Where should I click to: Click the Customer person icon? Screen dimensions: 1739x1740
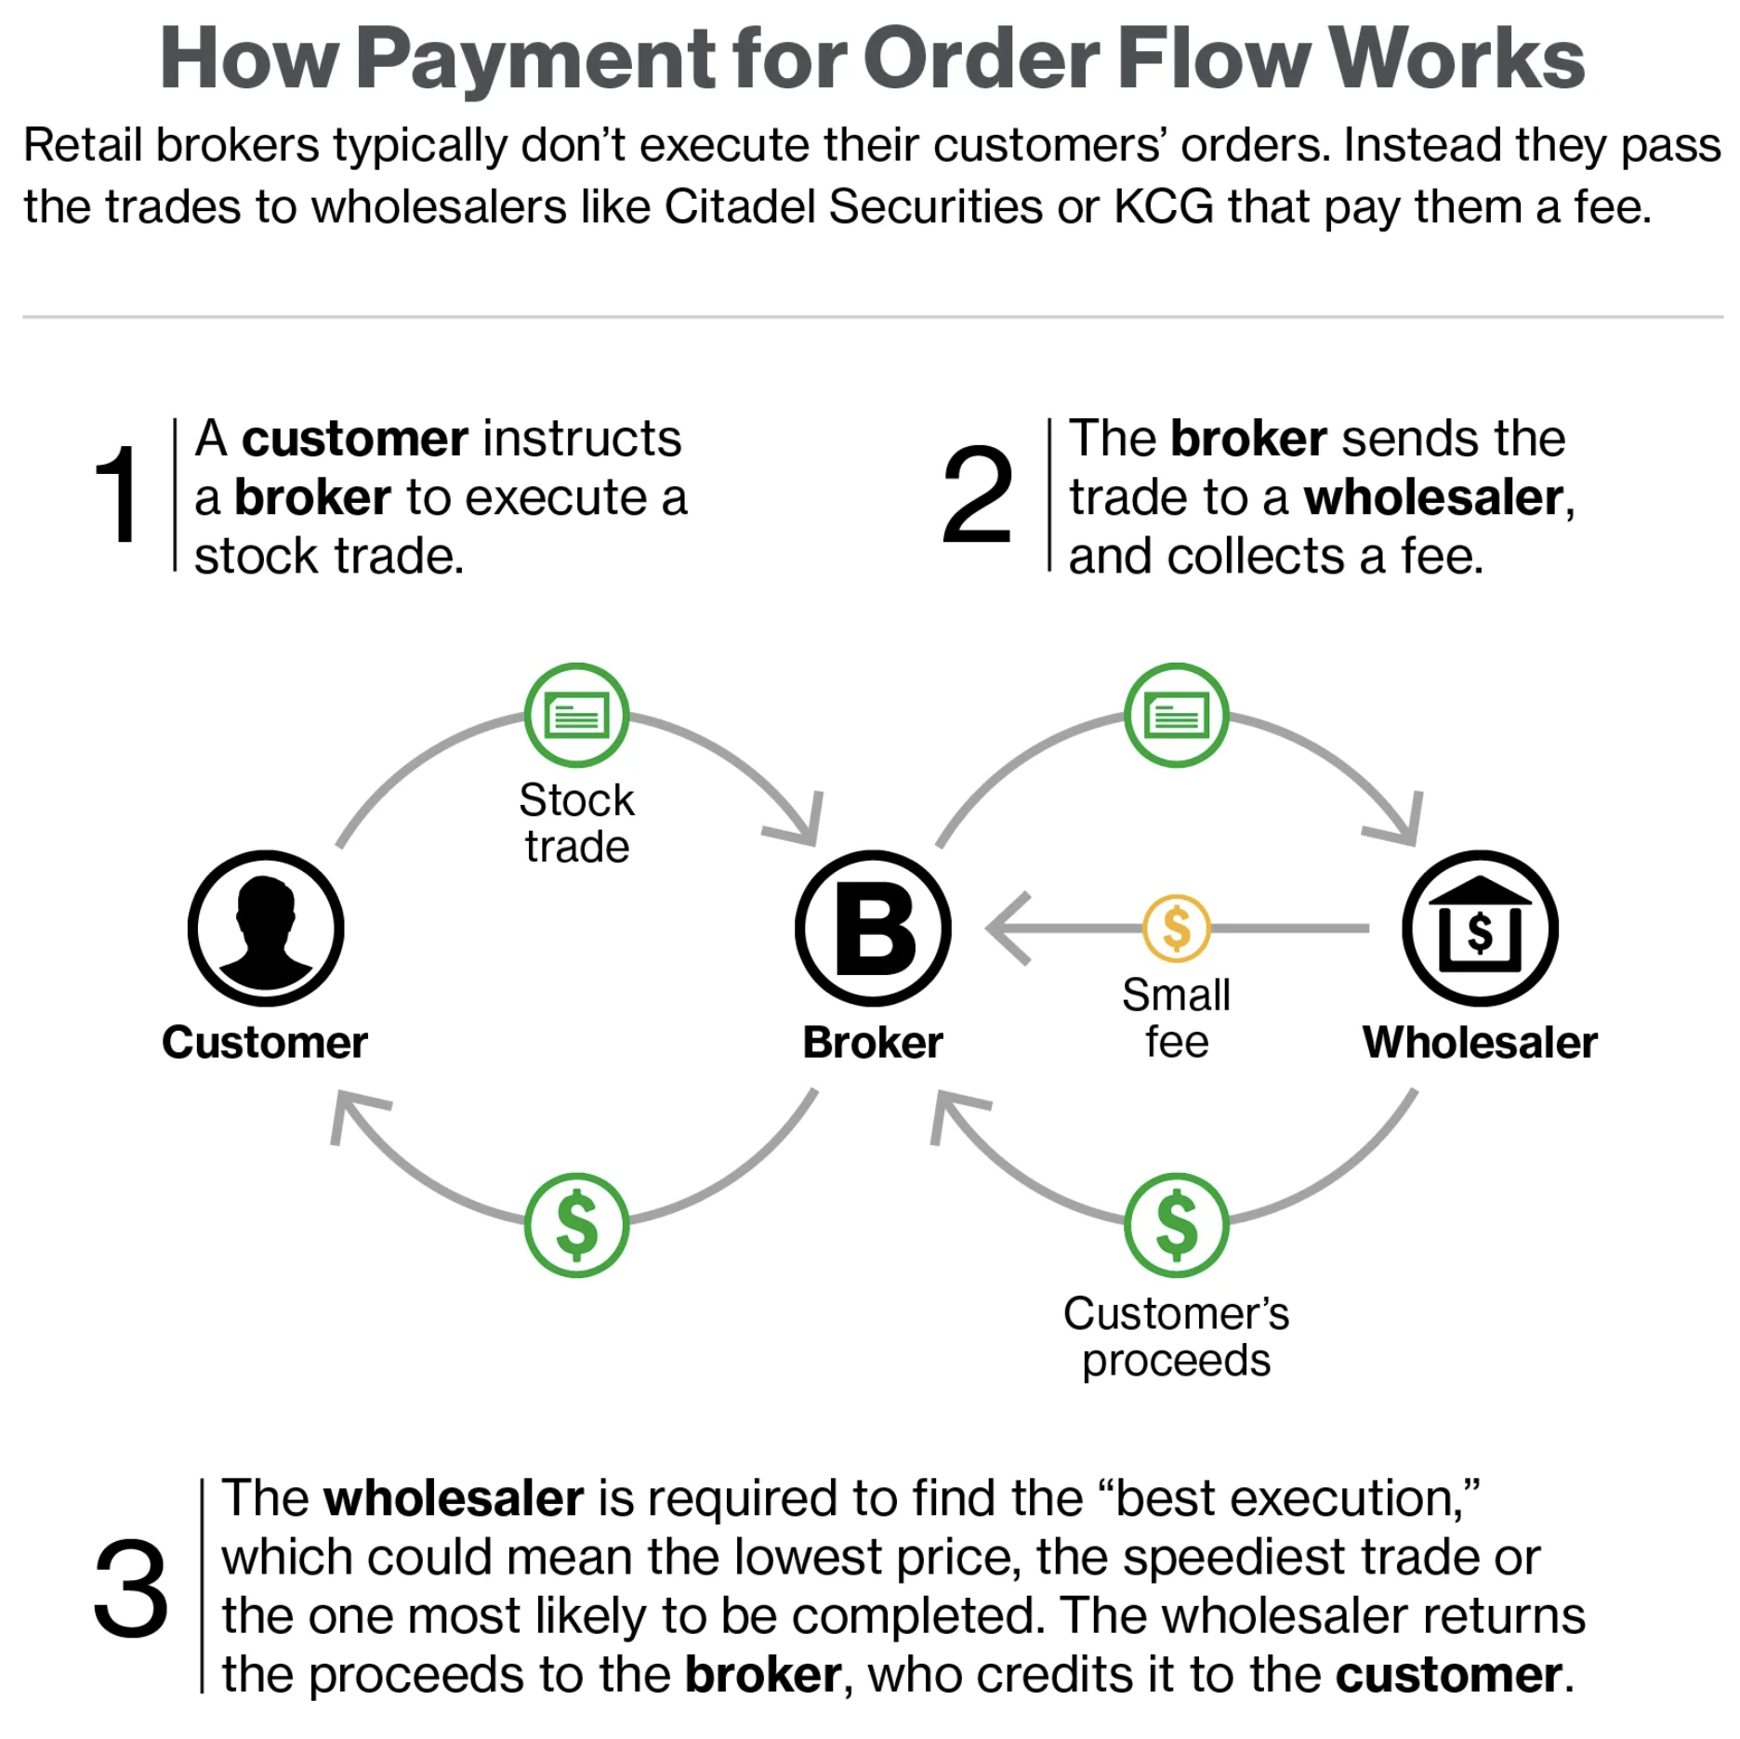coord(266,929)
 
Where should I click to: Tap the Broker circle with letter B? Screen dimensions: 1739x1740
coord(873,929)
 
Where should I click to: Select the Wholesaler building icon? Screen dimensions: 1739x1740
coord(1480,929)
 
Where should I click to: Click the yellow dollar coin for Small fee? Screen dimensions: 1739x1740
coord(1177,928)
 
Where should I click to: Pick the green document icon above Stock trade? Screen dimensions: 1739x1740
coord(576,715)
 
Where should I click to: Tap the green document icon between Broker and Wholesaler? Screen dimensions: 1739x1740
coord(1177,715)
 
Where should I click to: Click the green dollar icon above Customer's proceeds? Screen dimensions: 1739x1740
coord(1177,1225)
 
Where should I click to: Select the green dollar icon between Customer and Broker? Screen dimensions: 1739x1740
coord(576,1225)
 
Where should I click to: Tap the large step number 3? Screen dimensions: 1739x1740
coord(131,1588)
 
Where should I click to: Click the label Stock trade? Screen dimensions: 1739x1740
coord(576,823)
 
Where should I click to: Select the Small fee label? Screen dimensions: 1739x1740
coord(1177,1018)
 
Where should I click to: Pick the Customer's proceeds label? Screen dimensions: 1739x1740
coord(1177,1337)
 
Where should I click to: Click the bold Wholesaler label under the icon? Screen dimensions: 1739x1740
coord(1480,1042)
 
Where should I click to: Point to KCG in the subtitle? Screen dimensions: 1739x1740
coord(1164,206)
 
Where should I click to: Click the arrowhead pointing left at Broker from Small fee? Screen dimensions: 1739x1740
coord(1007,928)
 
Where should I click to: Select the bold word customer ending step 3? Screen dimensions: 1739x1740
coord(1448,1674)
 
